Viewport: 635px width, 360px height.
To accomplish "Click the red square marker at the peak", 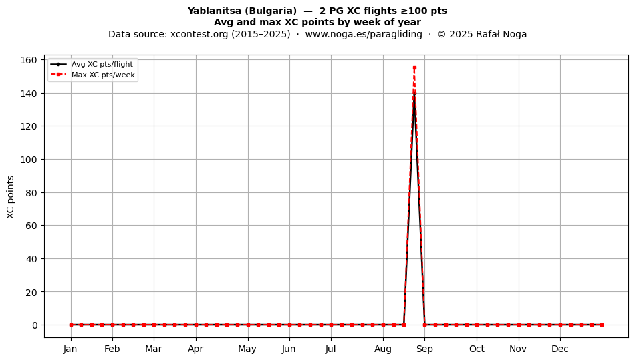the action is coord(414,68).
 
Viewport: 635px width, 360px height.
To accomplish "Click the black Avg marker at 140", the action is coord(414,93).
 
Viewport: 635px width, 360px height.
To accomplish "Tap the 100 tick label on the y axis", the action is coord(28,160).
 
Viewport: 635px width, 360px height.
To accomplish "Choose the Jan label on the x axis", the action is coord(70,349).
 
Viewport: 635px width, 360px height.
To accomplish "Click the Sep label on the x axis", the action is coord(424,349).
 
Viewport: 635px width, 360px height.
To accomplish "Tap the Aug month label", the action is coord(383,349).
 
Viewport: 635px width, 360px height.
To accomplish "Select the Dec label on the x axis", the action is coord(560,349).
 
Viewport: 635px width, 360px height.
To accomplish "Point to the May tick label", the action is coord(247,349).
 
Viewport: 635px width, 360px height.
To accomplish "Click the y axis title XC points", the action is coord(11,197).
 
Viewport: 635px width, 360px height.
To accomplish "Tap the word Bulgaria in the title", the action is coord(270,11).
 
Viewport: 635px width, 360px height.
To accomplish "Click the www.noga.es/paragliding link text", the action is coord(364,34).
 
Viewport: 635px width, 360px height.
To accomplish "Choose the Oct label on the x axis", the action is coord(477,349).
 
